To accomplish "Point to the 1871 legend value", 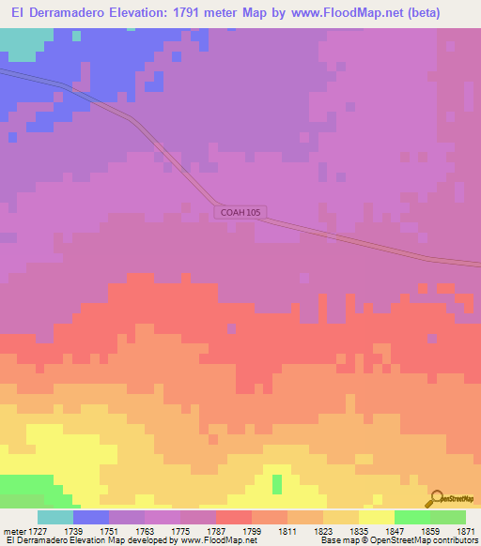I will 467,531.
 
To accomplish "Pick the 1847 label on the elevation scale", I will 395,531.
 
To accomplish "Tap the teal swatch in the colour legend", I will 55,517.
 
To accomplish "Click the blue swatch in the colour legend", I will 91,517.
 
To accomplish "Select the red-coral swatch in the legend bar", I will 234,517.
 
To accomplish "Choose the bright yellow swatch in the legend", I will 377,517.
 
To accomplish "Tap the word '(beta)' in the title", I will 443,13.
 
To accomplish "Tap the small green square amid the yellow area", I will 277,484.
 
